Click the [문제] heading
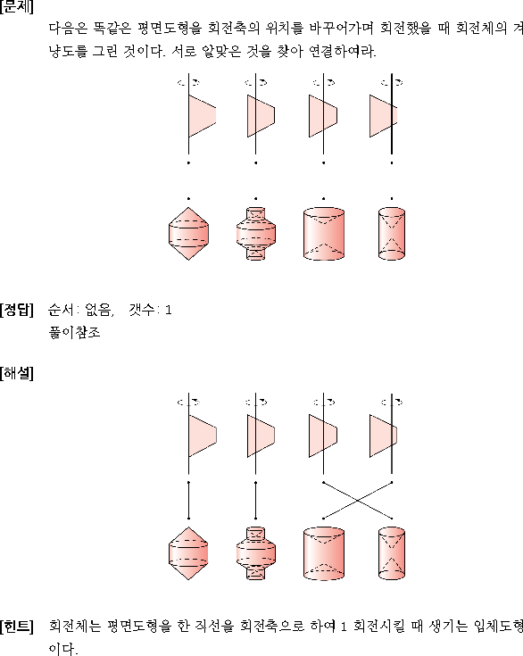(17, 7)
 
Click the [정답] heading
(17, 310)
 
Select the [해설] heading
(17, 373)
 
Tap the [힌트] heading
(17, 627)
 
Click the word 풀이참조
(74, 333)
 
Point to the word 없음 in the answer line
(98, 310)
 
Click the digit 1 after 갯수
(168, 310)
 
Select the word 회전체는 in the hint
(75, 627)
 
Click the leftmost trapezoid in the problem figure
(202, 116)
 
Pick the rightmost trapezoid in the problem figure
(383, 116)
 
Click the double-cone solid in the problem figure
(188, 234)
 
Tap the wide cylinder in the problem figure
(324, 234)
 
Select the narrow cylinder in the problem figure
(392, 234)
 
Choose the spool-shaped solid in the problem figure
(255, 234)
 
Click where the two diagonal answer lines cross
(357, 501)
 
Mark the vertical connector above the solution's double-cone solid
(188, 501)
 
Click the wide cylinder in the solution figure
(324, 553)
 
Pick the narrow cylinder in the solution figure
(392, 553)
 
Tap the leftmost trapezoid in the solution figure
(202, 436)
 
